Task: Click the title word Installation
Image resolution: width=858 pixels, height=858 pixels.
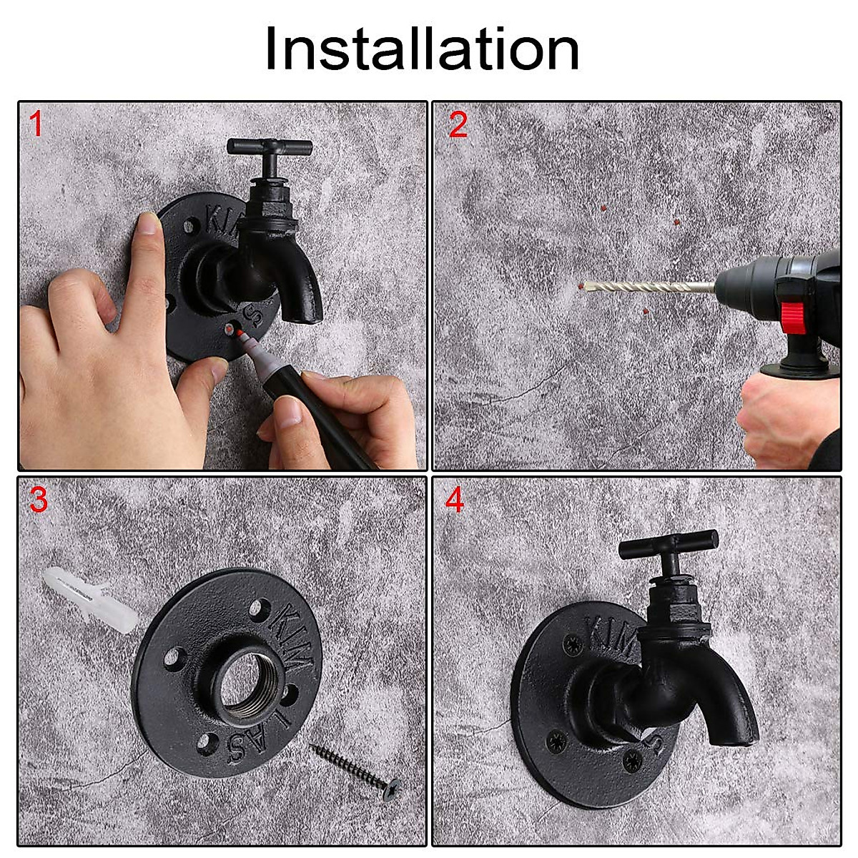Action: coord(422,49)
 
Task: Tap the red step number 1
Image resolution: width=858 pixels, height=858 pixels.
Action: coord(36,125)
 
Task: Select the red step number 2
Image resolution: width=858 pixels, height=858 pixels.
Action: coord(458,125)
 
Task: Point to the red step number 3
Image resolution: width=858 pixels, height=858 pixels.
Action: coord(38,500)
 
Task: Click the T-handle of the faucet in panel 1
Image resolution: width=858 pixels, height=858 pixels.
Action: coord(270,147)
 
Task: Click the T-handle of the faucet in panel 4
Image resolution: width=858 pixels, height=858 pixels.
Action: coord(668,547)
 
